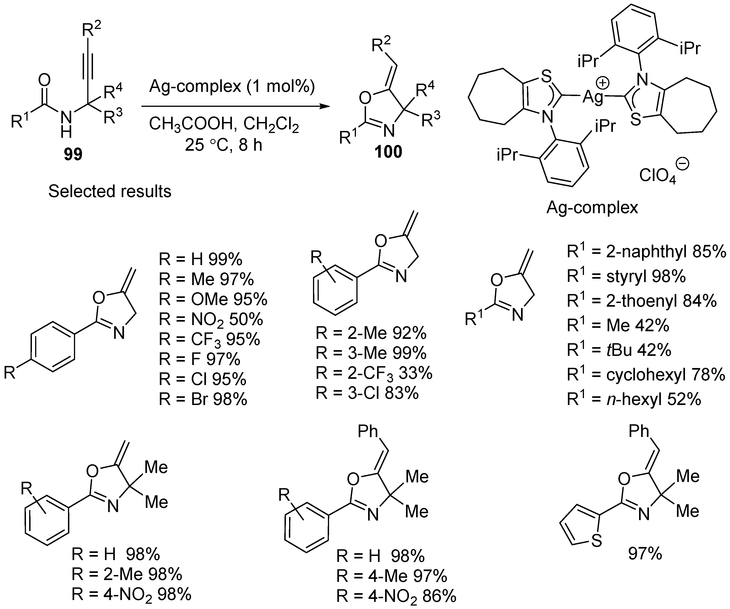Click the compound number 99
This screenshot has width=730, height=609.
click(73, 154)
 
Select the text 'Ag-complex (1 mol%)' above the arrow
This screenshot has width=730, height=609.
click(232, 86)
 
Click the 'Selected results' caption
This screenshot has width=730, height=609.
click(110, 191)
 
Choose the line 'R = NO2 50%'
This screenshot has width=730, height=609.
click(211, 319)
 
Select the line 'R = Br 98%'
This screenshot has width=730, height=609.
click(203, 399)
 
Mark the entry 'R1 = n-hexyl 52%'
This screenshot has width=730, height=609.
click(634, 399)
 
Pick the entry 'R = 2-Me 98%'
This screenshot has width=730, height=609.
click(127, 574)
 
